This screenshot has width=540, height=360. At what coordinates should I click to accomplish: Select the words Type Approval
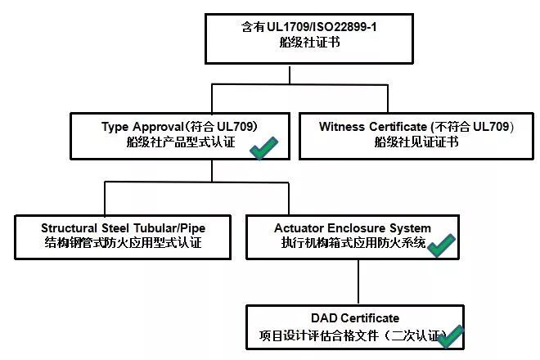pos(143,127)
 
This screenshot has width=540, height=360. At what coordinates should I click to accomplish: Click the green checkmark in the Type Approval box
pos(265,149)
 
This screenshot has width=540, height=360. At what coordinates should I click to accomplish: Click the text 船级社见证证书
pos(416,142)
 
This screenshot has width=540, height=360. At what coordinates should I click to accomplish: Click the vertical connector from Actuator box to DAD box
pos(358,282)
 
